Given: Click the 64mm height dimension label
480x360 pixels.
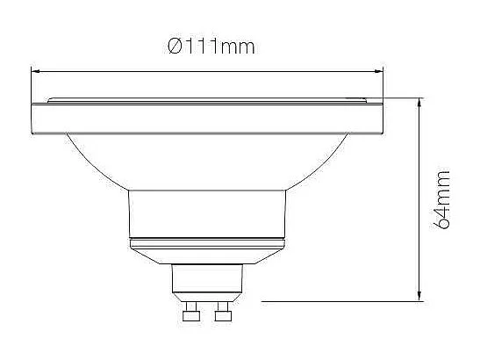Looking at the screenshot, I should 443,200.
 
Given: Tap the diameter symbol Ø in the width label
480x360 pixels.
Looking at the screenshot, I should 175,46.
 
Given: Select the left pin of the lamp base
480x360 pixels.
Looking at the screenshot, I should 190,312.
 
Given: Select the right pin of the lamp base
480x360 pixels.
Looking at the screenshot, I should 223,312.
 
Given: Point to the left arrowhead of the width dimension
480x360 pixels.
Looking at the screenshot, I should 35,69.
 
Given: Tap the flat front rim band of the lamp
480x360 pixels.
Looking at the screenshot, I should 206,116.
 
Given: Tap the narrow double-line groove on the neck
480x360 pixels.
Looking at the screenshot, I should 206,240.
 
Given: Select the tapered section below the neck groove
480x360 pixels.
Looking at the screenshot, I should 206,254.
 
